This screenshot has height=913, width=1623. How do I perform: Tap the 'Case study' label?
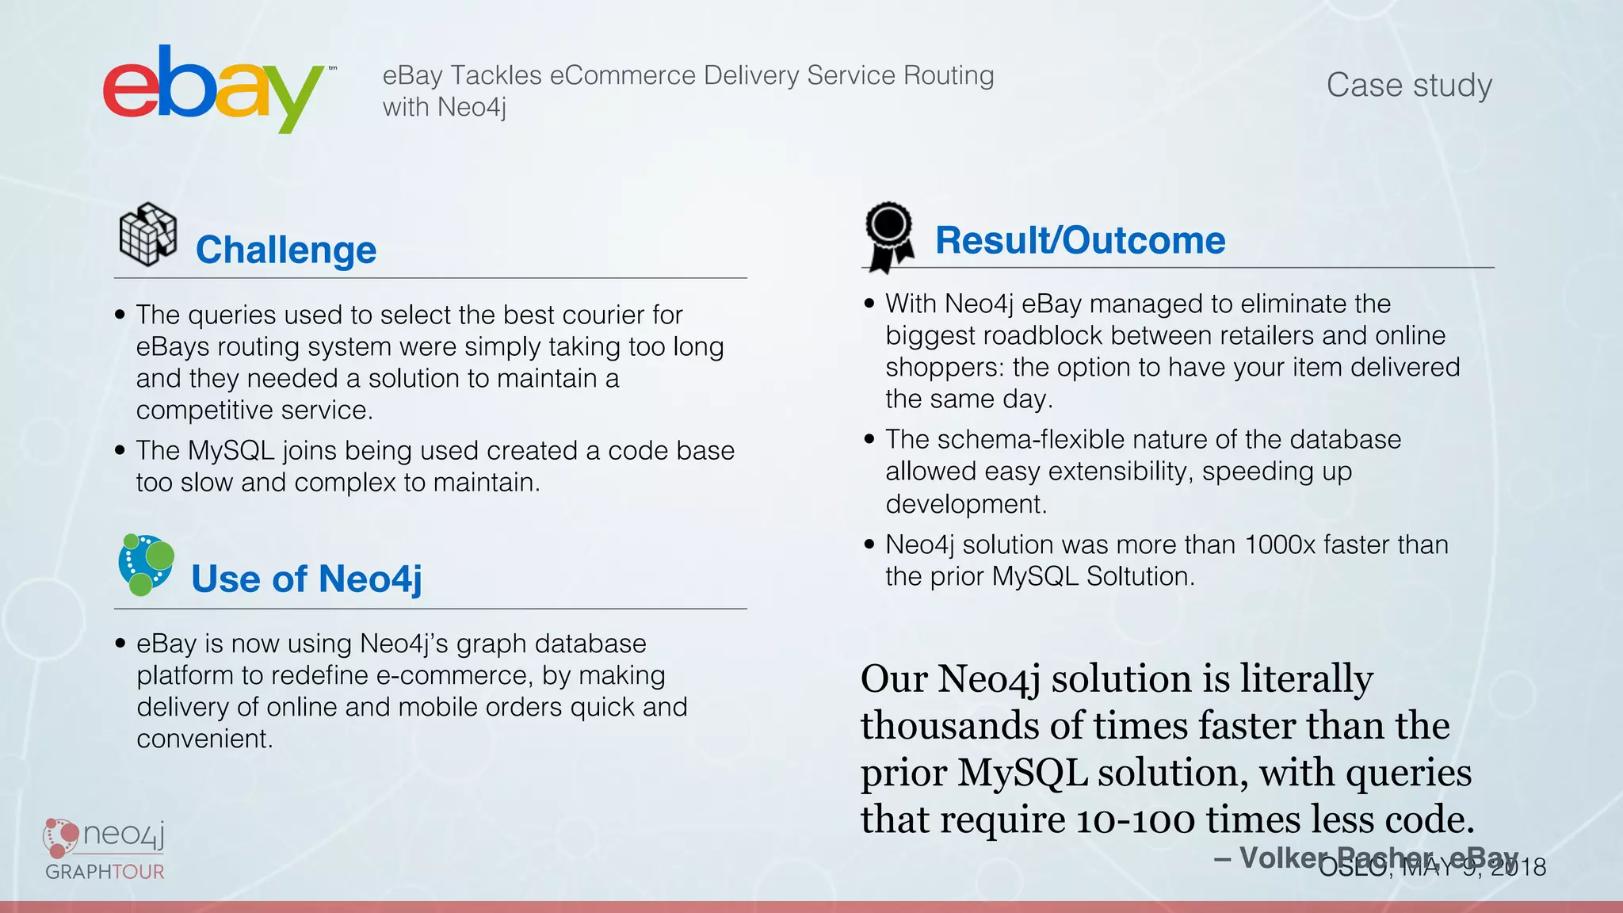pos(1409,85)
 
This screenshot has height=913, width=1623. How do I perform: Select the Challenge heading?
pos(286,250)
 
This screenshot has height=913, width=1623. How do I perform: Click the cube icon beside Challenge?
pos(147,235)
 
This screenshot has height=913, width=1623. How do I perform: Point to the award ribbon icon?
pos(889,236)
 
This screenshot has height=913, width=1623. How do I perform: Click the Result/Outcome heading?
pos(1080,240)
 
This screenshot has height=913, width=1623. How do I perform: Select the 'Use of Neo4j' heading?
pos(307,579)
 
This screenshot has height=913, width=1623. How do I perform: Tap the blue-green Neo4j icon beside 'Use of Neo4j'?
pos(146,564)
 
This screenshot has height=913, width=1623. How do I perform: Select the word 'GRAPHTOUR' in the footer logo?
pos(105,872)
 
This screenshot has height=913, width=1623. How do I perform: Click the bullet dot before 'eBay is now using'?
pos(120,643)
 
